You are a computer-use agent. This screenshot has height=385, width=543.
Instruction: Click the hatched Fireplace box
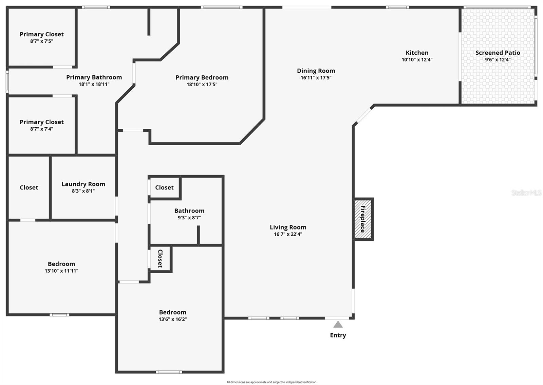(363, 219)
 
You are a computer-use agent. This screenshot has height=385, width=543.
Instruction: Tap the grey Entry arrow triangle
(338, 325)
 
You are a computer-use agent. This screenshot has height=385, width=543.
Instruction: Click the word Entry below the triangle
(338, 335)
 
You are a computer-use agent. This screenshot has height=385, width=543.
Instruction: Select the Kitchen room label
(417, 53)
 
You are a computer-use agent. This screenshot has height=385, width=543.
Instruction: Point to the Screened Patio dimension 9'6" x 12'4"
(498, 60)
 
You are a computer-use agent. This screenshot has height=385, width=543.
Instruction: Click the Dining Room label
(316, 71)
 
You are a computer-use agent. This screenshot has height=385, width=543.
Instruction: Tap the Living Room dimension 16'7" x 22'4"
(288, 234)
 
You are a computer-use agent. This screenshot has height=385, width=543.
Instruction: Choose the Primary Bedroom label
(202, 77)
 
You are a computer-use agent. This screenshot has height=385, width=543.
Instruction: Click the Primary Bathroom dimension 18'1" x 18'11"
(94, 84)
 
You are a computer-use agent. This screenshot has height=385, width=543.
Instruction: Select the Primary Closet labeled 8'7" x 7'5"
(41, 34)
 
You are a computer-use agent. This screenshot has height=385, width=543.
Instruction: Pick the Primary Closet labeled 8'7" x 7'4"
(41, 122)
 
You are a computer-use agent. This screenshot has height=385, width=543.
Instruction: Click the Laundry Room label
(83, 184)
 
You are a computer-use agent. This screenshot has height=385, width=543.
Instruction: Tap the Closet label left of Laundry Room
(29, 187)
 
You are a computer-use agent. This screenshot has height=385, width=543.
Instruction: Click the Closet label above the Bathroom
(164, 187)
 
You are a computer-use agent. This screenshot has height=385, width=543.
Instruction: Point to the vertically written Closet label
(160, 258)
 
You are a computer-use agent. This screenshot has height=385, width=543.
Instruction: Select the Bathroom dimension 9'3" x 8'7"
(189, 218)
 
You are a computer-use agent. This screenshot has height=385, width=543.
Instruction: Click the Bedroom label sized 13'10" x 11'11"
(61, 264)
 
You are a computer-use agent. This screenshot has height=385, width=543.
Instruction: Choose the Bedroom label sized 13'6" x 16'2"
(172, 312)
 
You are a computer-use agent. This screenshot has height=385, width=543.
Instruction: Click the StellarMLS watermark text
(526, 192)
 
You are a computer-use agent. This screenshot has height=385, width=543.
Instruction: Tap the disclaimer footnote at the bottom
(271, 382)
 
